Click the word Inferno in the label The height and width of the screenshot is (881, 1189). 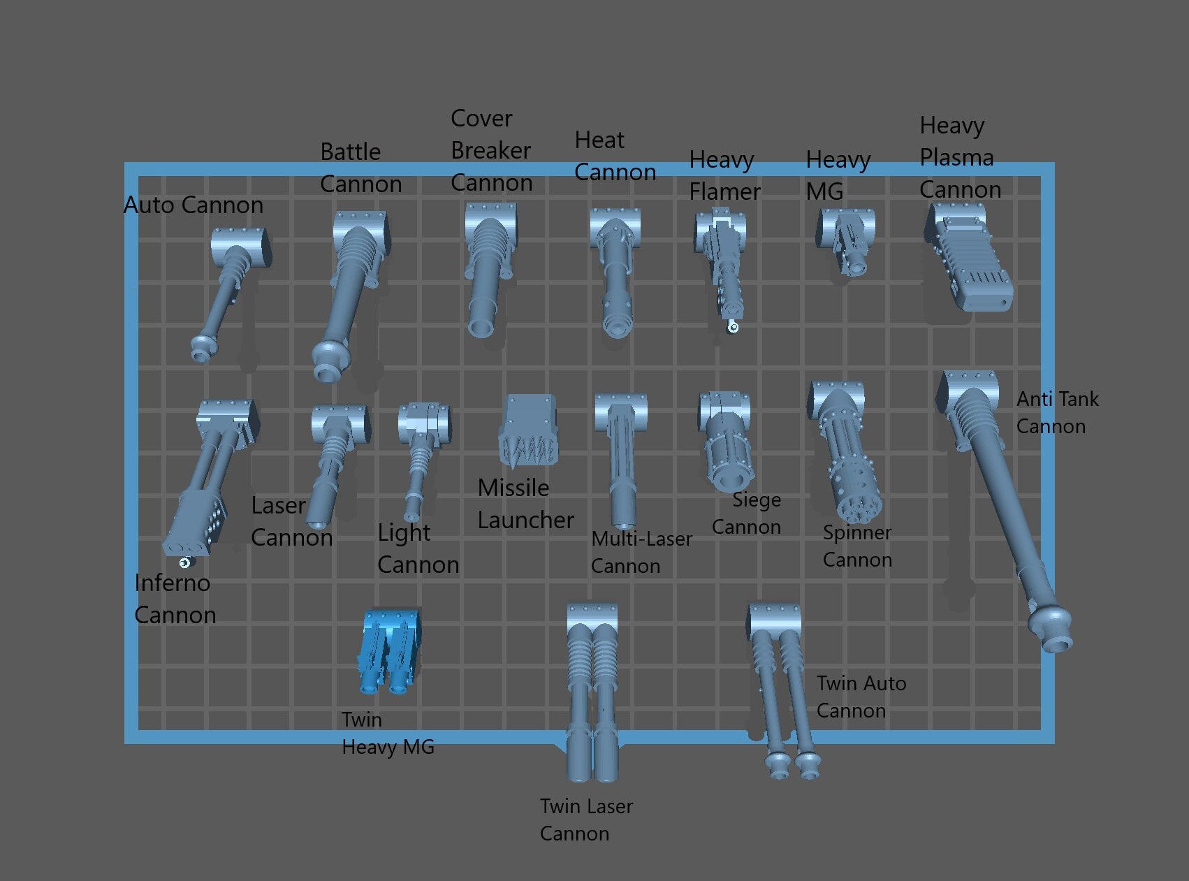tap(172, 583)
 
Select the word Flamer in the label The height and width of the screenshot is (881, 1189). tap(724, 192)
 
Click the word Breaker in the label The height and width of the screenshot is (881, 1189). tap(490, 151)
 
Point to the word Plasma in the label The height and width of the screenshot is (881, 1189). tap(956, 158)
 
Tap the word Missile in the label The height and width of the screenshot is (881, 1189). tap(513, 488)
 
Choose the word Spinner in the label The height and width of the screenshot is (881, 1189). tap(857, 532)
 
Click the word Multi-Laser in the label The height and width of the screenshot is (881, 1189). tap(641, 539)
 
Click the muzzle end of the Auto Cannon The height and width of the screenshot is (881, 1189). tap(202, 351)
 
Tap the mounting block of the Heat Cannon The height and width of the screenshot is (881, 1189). tap(615, 225)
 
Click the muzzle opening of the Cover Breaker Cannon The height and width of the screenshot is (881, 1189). tap(481, 327)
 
